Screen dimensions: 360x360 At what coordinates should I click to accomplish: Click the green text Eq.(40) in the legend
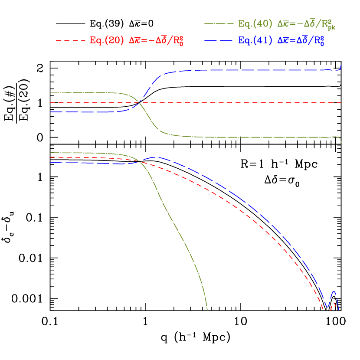(255, 23)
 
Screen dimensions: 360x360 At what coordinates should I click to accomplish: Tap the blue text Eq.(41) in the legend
(255, 40)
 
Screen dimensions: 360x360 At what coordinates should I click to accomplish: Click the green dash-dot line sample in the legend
(219, 23)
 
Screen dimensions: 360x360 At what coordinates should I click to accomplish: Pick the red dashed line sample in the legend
(71, 40)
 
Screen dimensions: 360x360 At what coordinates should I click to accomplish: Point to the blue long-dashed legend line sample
(219, 40)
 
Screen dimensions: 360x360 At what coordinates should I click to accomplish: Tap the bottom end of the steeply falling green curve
(207, 310)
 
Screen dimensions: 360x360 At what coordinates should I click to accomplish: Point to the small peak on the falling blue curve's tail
(334, 292)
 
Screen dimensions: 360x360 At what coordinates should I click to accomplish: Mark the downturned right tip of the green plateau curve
(341, 143)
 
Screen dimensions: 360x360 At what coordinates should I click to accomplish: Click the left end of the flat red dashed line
(51, 103)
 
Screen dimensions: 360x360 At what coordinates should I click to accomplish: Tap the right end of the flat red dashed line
(342, 103)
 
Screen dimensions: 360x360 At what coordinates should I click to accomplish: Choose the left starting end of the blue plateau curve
(51, 112)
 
